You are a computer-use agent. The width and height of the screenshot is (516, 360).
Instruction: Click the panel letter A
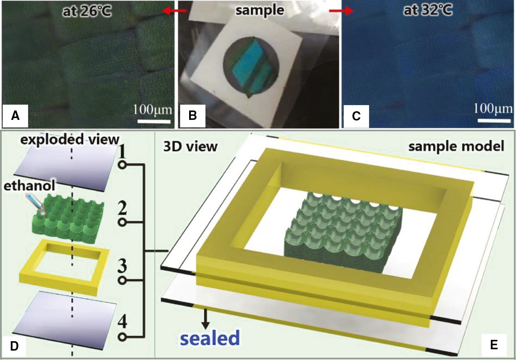[x=15, y=116]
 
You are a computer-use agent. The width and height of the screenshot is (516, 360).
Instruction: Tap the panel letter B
[x=192, y=116]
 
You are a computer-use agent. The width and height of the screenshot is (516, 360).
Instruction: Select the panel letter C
[x=356, y=116]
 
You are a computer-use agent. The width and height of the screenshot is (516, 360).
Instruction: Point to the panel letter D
[x=14, y=346]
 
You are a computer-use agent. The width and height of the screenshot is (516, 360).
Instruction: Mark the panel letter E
[x=493, y=345]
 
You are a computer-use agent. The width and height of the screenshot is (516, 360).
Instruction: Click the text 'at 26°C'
[x=87, y=11]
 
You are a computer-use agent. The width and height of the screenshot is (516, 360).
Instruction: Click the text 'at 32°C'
[x=428, y=10]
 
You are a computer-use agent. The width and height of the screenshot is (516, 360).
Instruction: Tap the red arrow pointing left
[x=174, y=11]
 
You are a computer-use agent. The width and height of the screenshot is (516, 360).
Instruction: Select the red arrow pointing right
[x=341, y=11]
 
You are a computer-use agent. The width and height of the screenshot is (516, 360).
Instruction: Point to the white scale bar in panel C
[x=494, y=120]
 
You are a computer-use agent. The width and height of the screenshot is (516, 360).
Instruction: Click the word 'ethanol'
[x=29, y=185]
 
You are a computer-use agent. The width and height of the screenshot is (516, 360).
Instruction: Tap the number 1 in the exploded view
[x=122, y=152]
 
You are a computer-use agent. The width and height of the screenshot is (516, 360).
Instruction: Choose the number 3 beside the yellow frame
[x=122, y=266]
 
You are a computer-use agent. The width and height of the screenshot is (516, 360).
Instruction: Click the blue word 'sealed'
[x=210, y=338]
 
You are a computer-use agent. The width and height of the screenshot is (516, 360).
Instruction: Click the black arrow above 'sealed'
[x=205, y=319]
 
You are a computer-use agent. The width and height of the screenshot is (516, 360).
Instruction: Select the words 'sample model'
[x=456, y=146]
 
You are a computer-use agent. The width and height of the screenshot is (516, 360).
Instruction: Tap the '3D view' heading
[x=190, y=147]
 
